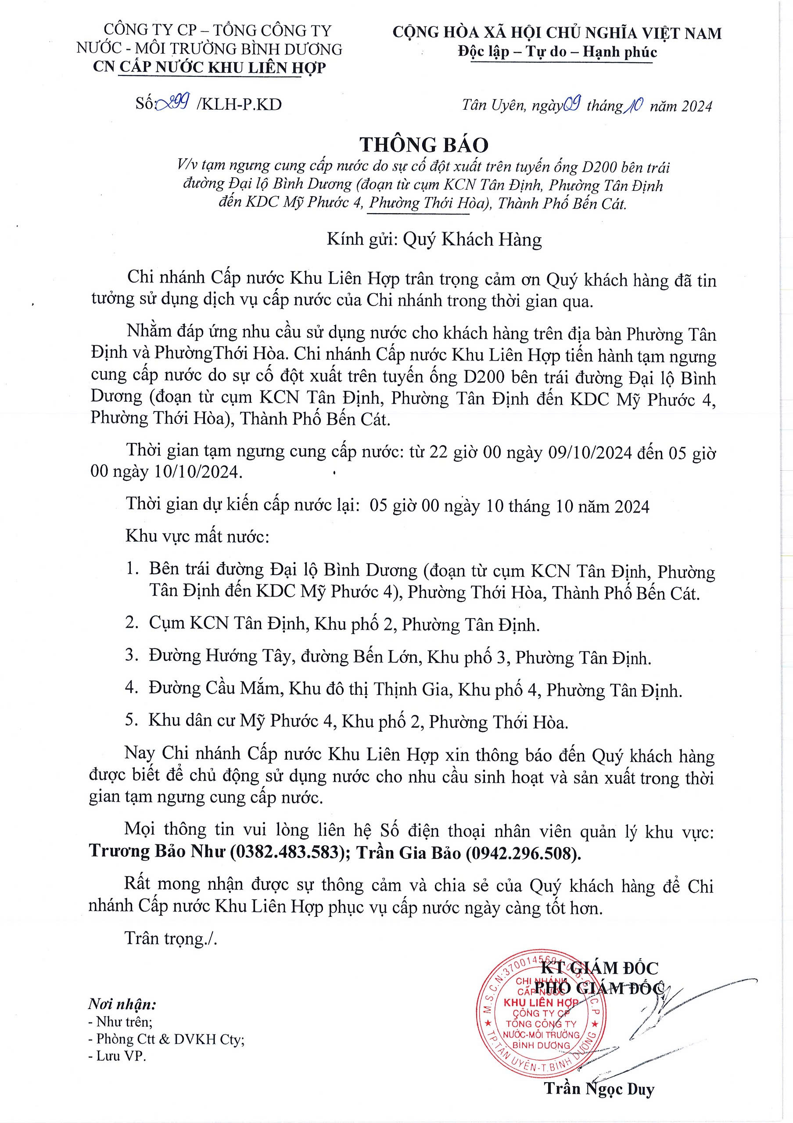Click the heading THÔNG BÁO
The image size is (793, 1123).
point(423,145)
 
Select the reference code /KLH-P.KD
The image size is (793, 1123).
point(238,104)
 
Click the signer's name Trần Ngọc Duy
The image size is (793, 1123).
point(599,1088)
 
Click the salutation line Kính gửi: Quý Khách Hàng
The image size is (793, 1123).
point(434,240)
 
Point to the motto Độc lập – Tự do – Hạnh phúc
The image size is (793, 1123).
point(557,51)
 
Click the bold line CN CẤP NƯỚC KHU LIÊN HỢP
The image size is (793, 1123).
point(209,67)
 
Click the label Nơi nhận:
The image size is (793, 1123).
point(122,1005)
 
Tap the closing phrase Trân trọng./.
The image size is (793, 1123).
point(171,938)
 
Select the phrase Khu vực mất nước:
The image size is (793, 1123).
point(197,537)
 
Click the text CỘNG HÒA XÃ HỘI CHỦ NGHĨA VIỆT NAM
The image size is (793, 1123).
point(557,33)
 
